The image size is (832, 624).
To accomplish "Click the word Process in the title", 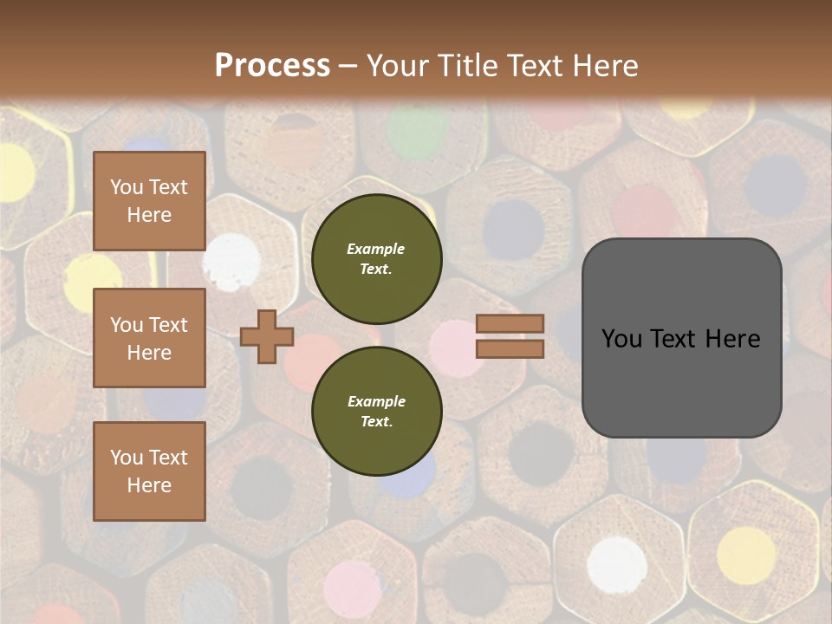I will tap(272, 66).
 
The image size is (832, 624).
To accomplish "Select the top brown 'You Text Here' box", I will tap(149, 201).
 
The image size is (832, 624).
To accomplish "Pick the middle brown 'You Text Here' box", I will tap(149, 338).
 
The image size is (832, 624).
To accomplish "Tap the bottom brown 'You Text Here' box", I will tap(149, 471).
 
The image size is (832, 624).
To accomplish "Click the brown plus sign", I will tap(267, 336).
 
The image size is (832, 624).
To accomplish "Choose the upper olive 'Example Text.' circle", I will tap(376, 258).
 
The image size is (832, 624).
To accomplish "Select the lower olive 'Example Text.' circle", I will tap(376, 411).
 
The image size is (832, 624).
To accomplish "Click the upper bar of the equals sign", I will tap(510, 323).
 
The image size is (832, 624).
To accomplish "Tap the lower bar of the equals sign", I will tap(510, 348).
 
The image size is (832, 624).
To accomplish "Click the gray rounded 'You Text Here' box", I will tap(681, 338).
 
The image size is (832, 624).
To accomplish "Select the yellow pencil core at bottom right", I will tap(745, 555).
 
